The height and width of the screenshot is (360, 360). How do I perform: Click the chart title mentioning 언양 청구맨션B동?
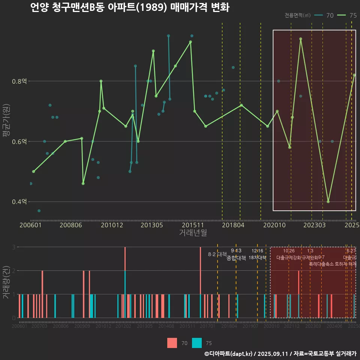(129, 7)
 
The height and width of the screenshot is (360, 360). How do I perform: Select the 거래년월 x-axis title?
(193, 232)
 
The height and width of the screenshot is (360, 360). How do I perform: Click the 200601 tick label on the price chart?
(30, 225)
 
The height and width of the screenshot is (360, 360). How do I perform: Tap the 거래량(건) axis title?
(6, 282)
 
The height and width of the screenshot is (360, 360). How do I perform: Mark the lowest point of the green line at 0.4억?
(328, 201)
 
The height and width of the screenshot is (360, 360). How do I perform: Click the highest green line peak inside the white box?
(300, 39)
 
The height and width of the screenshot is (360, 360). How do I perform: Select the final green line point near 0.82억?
(354, 75)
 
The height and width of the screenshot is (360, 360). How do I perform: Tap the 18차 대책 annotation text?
(257, 258)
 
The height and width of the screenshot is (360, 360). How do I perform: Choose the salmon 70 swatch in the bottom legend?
(172, 343)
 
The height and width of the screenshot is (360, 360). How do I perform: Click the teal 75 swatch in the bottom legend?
(197, 343)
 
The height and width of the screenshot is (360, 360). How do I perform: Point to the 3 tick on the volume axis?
(14, 247)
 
